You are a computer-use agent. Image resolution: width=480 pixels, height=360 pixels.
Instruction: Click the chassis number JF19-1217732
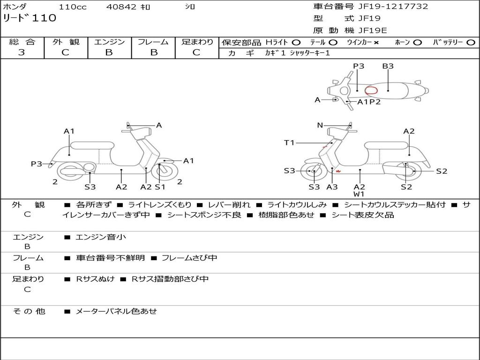coord(393,7)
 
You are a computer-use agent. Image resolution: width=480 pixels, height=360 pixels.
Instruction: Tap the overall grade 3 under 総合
coord(22,52)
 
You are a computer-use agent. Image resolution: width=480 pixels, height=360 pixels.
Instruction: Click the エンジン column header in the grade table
coord(109,42)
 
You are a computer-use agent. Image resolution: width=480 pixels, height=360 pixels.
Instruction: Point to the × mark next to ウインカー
coord(376,43)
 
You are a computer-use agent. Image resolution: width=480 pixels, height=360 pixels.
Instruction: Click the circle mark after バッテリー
coord(471,43)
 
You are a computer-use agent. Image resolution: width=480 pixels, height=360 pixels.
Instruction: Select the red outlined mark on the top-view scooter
coord(371,90)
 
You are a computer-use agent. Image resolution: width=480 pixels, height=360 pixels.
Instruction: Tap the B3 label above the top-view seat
coord(388,66)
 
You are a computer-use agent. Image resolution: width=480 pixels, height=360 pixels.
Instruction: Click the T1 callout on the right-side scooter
coord(289,142)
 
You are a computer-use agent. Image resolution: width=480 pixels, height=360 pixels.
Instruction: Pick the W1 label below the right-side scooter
coord(359,194)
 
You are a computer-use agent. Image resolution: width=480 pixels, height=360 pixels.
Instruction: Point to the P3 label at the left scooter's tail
coord(37,164)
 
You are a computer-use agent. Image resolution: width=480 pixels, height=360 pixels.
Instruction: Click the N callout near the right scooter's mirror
coord(320,125)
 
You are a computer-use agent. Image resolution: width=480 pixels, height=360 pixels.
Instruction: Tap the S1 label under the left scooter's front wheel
coord(160,187)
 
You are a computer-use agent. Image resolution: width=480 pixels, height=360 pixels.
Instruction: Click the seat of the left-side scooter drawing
coord(92,145)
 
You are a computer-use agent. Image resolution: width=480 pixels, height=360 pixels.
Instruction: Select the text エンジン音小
coord(101,237)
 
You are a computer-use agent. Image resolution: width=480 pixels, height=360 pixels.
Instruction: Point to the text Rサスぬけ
coord(95,279)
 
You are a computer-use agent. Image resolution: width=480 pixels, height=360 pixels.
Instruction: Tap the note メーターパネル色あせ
coord(116,311)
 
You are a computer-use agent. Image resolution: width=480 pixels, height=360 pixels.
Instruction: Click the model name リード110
coord(30,18)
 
